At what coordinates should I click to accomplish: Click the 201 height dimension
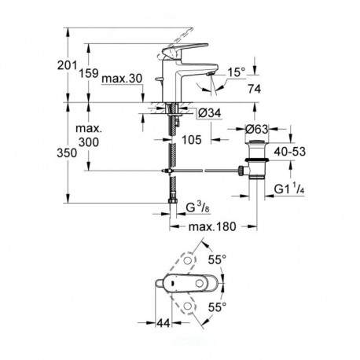point(68,65)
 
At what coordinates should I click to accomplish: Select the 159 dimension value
point(89,73)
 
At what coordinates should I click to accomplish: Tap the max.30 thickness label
point(122,78)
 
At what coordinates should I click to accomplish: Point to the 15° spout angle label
point(237,72)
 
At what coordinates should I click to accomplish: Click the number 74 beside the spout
point(255,89)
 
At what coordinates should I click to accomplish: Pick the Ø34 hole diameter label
point(210,113)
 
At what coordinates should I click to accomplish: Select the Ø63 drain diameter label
point(257,129)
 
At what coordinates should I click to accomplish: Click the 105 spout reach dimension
point(192,140)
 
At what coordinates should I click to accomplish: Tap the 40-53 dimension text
point(290,152)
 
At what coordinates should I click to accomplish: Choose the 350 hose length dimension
point(67,153)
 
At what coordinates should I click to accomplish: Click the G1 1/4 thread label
point(289,189)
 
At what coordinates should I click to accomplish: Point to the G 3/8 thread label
point(198,208)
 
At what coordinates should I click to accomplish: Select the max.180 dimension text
point(212,226)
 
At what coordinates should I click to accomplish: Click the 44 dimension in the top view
point(163,323)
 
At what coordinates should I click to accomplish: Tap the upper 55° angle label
point(217,260)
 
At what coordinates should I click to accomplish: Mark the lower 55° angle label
point(217,307)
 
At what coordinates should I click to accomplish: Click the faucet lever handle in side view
point(184,49)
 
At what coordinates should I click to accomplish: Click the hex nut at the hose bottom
point(172,201)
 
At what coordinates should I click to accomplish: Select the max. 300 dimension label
point(89,136)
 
